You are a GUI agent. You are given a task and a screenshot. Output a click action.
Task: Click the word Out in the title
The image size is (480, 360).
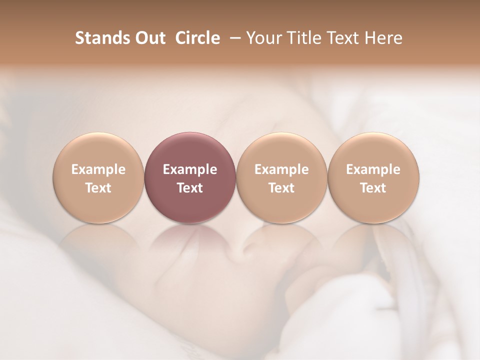tap(148, 38)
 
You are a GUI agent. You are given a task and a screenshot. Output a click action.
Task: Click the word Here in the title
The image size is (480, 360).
tap(383, 38)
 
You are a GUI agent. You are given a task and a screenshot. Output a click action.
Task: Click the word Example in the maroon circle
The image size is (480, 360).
tap(190, 169)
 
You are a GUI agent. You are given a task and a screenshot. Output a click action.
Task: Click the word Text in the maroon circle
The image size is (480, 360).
tap(190, 188)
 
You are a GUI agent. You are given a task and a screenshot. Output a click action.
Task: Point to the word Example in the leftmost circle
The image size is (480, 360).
tap(98, 169)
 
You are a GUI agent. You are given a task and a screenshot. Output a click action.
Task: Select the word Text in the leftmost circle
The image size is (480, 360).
tap(98, 188)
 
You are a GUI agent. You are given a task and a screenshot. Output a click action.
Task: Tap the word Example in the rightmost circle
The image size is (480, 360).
tap(373, 169)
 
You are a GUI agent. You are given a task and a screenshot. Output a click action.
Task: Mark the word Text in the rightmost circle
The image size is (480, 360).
tap(373, 188)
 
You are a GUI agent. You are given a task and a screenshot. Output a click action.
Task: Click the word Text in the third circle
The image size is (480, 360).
tap(281, 188)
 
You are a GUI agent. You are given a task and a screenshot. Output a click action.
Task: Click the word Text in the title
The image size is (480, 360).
tap(339, 38)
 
